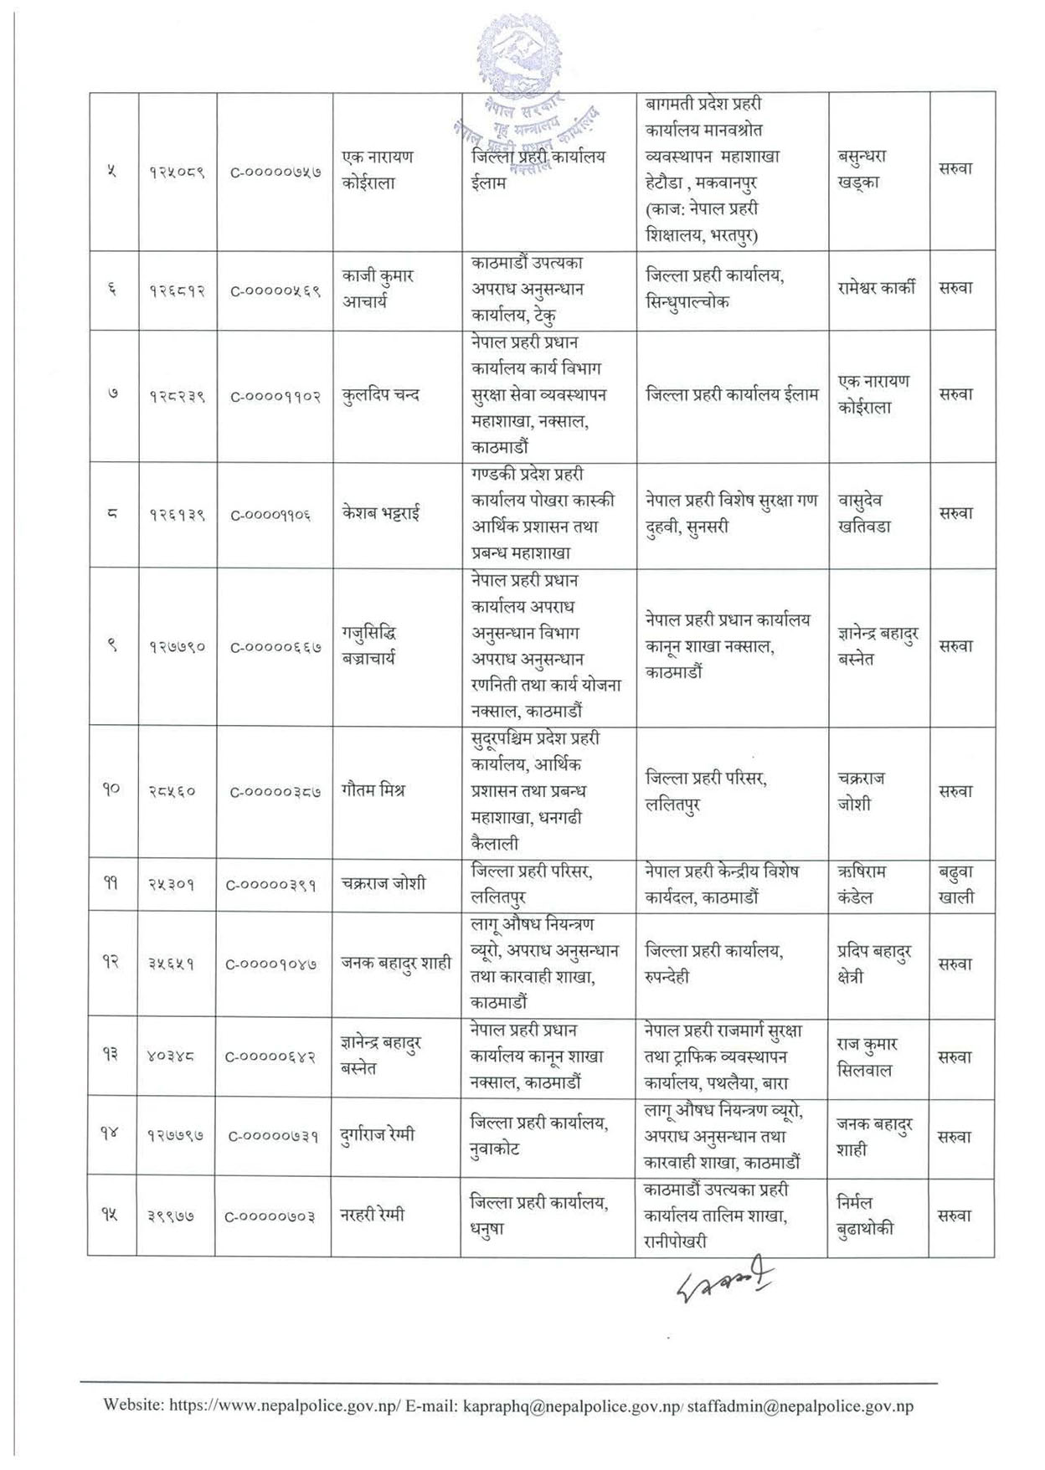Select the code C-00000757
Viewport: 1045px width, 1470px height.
click(275, 171)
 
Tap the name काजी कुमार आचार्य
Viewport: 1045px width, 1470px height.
click(378, 289)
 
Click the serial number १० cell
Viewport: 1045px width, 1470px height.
click(112, 789)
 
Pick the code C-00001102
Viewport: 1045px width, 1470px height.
click(275, 395)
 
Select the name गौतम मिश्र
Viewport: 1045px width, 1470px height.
click(373, 789)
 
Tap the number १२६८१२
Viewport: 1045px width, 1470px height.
click(178, 290)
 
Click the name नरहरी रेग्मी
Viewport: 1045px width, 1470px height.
click(373, 1215)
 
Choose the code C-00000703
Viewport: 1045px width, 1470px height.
click(270, 1216)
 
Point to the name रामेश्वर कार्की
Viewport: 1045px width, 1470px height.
click(877, 288)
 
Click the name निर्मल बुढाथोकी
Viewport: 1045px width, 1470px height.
click(865, 1216)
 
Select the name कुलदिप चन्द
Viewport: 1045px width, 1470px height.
click(381, 394)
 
